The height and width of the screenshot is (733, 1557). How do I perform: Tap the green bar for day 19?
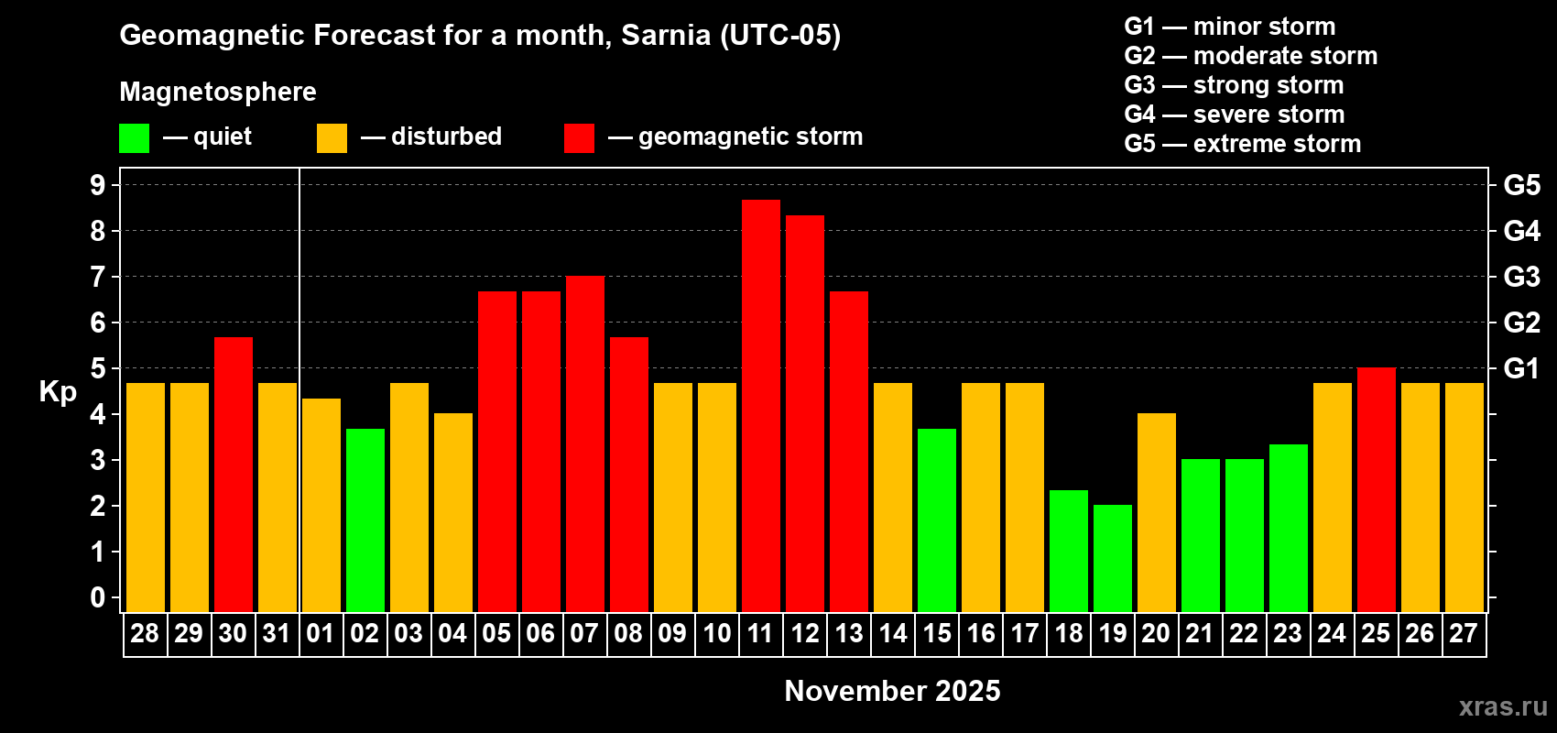(1112, 558)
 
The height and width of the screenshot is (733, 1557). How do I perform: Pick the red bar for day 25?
(1376, 489)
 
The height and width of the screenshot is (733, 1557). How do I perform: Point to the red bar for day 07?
(584, 443)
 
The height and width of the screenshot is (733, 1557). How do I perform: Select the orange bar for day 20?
(1156, 512)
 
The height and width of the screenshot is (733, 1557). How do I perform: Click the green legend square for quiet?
(134, 138)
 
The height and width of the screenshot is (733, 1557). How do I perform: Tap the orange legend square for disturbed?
(332, 138)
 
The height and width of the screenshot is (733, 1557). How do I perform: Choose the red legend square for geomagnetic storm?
(579, 138)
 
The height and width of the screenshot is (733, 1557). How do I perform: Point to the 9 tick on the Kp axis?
(98, 185)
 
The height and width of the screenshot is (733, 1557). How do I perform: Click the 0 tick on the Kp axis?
(98, 597)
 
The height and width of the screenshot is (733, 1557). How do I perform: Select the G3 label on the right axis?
(1521, 277)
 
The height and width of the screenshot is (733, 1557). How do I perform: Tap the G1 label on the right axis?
(1521, 368)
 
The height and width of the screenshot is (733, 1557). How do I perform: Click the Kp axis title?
(58, 391)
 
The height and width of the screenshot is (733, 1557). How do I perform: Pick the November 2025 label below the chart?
(892, 691)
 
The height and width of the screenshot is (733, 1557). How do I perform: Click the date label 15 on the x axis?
(936, 633)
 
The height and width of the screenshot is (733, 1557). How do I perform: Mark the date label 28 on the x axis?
(145, 633)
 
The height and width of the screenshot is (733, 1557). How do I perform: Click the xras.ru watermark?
(1502, 706)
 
